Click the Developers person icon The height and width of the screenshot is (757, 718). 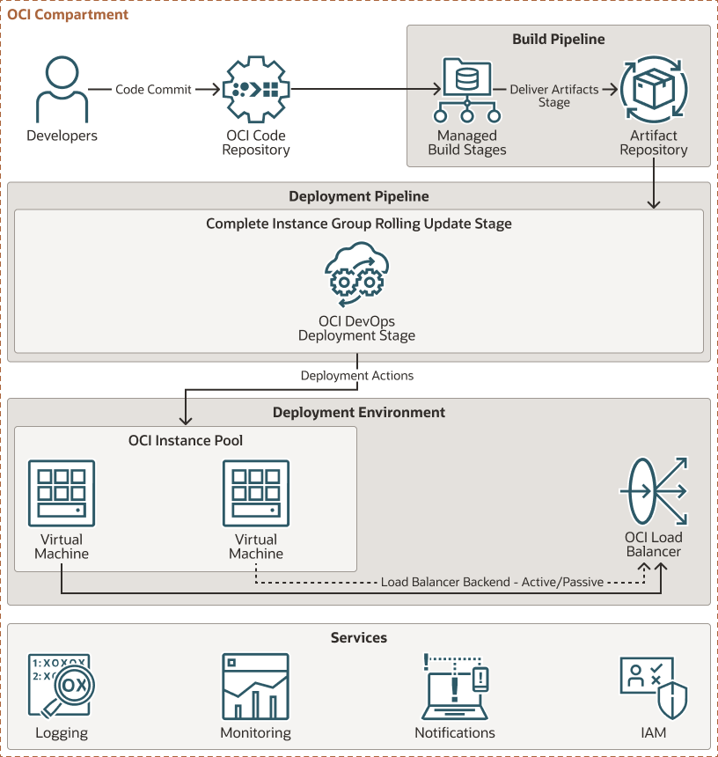coord(62,90)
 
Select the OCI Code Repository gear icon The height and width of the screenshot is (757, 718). coord(256,90)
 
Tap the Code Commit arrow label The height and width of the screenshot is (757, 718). coord(154,90)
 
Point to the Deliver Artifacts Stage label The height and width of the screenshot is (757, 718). coord(554,96)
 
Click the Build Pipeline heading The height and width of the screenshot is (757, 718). coord(558,40)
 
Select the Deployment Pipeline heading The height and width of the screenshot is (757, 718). coord(359,196)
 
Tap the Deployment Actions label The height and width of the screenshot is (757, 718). coord(357,376)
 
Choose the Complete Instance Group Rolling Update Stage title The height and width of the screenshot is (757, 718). coord(359,224)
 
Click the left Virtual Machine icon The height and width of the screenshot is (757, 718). coord(62,493)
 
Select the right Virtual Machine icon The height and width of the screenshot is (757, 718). coord(256,493)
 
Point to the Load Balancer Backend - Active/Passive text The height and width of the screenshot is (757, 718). coord(492,582)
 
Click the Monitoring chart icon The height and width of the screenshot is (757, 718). coord(256,687)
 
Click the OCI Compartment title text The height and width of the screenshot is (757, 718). coord(68,15)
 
